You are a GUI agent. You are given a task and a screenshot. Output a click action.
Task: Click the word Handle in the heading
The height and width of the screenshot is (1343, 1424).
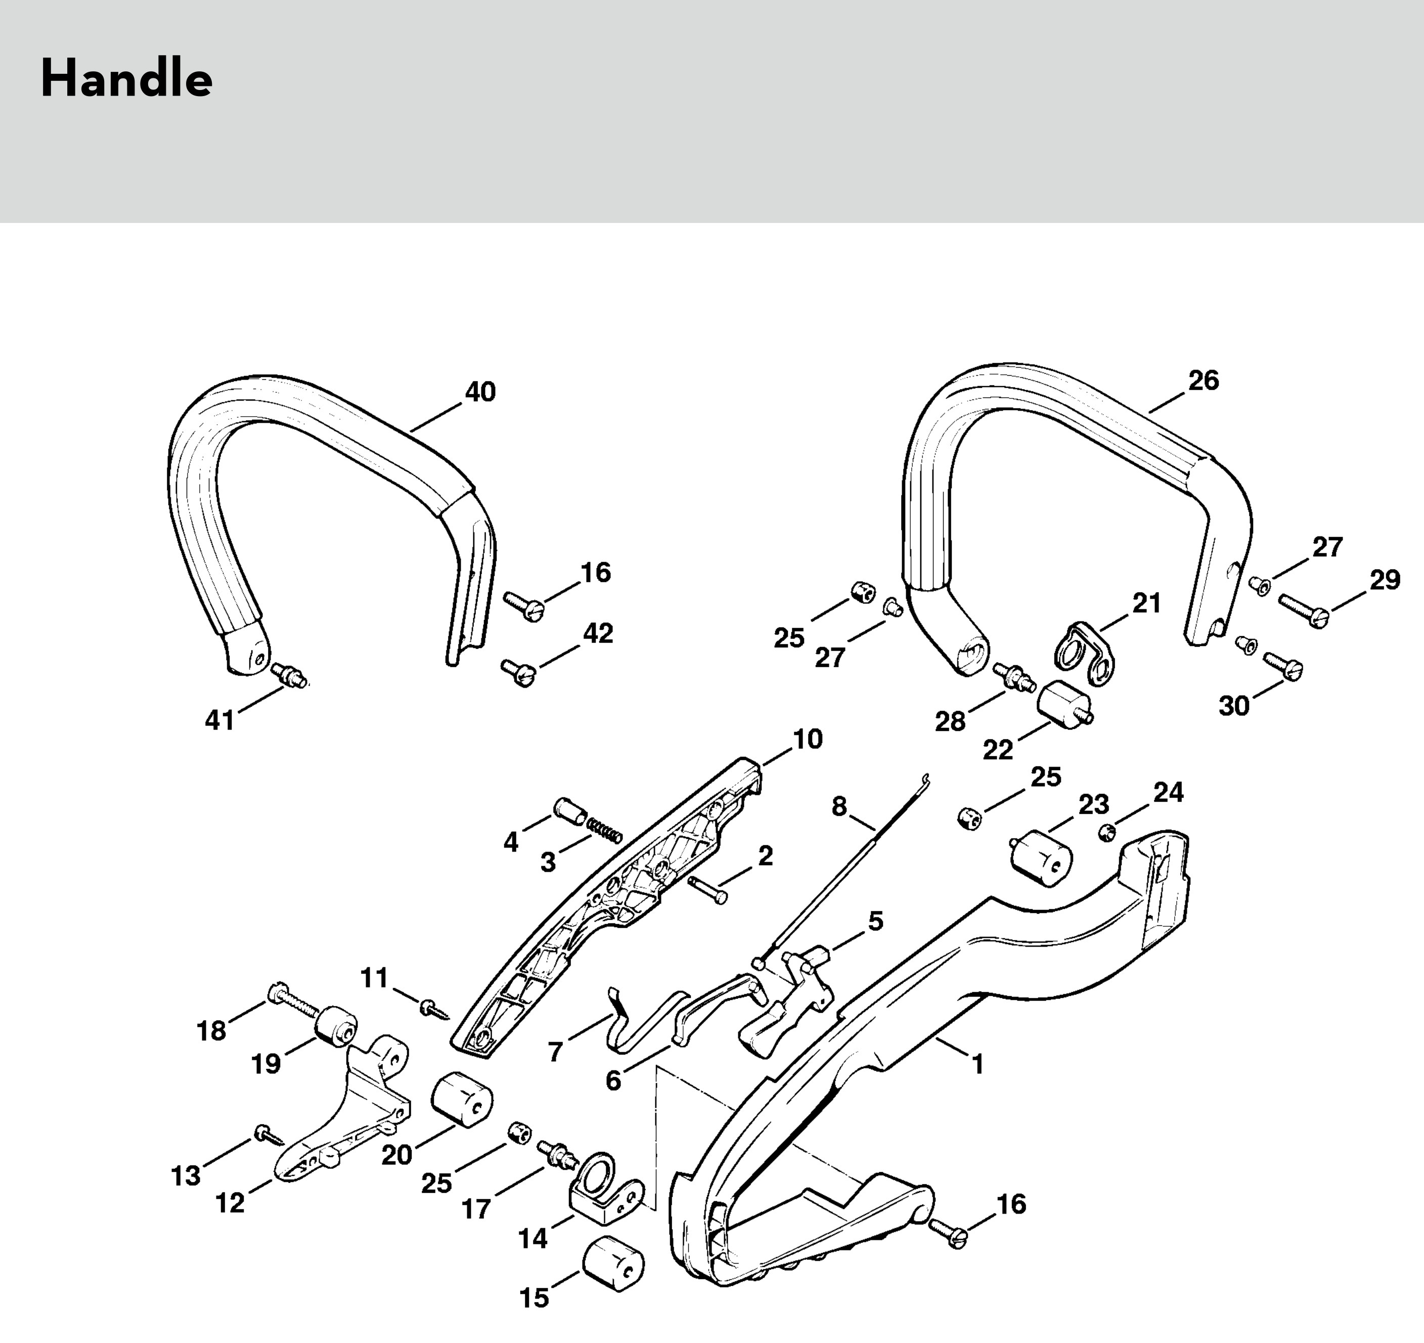coord(126,79)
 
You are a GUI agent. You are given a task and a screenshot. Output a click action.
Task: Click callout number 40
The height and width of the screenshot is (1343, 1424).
coord(480,392)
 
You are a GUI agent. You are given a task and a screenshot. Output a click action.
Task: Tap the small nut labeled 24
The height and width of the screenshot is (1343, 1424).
coord(1106,832)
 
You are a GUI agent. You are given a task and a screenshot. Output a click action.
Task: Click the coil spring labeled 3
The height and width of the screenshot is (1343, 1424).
coord(605,831)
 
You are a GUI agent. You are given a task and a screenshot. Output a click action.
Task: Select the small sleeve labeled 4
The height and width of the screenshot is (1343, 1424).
coord(570,811)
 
